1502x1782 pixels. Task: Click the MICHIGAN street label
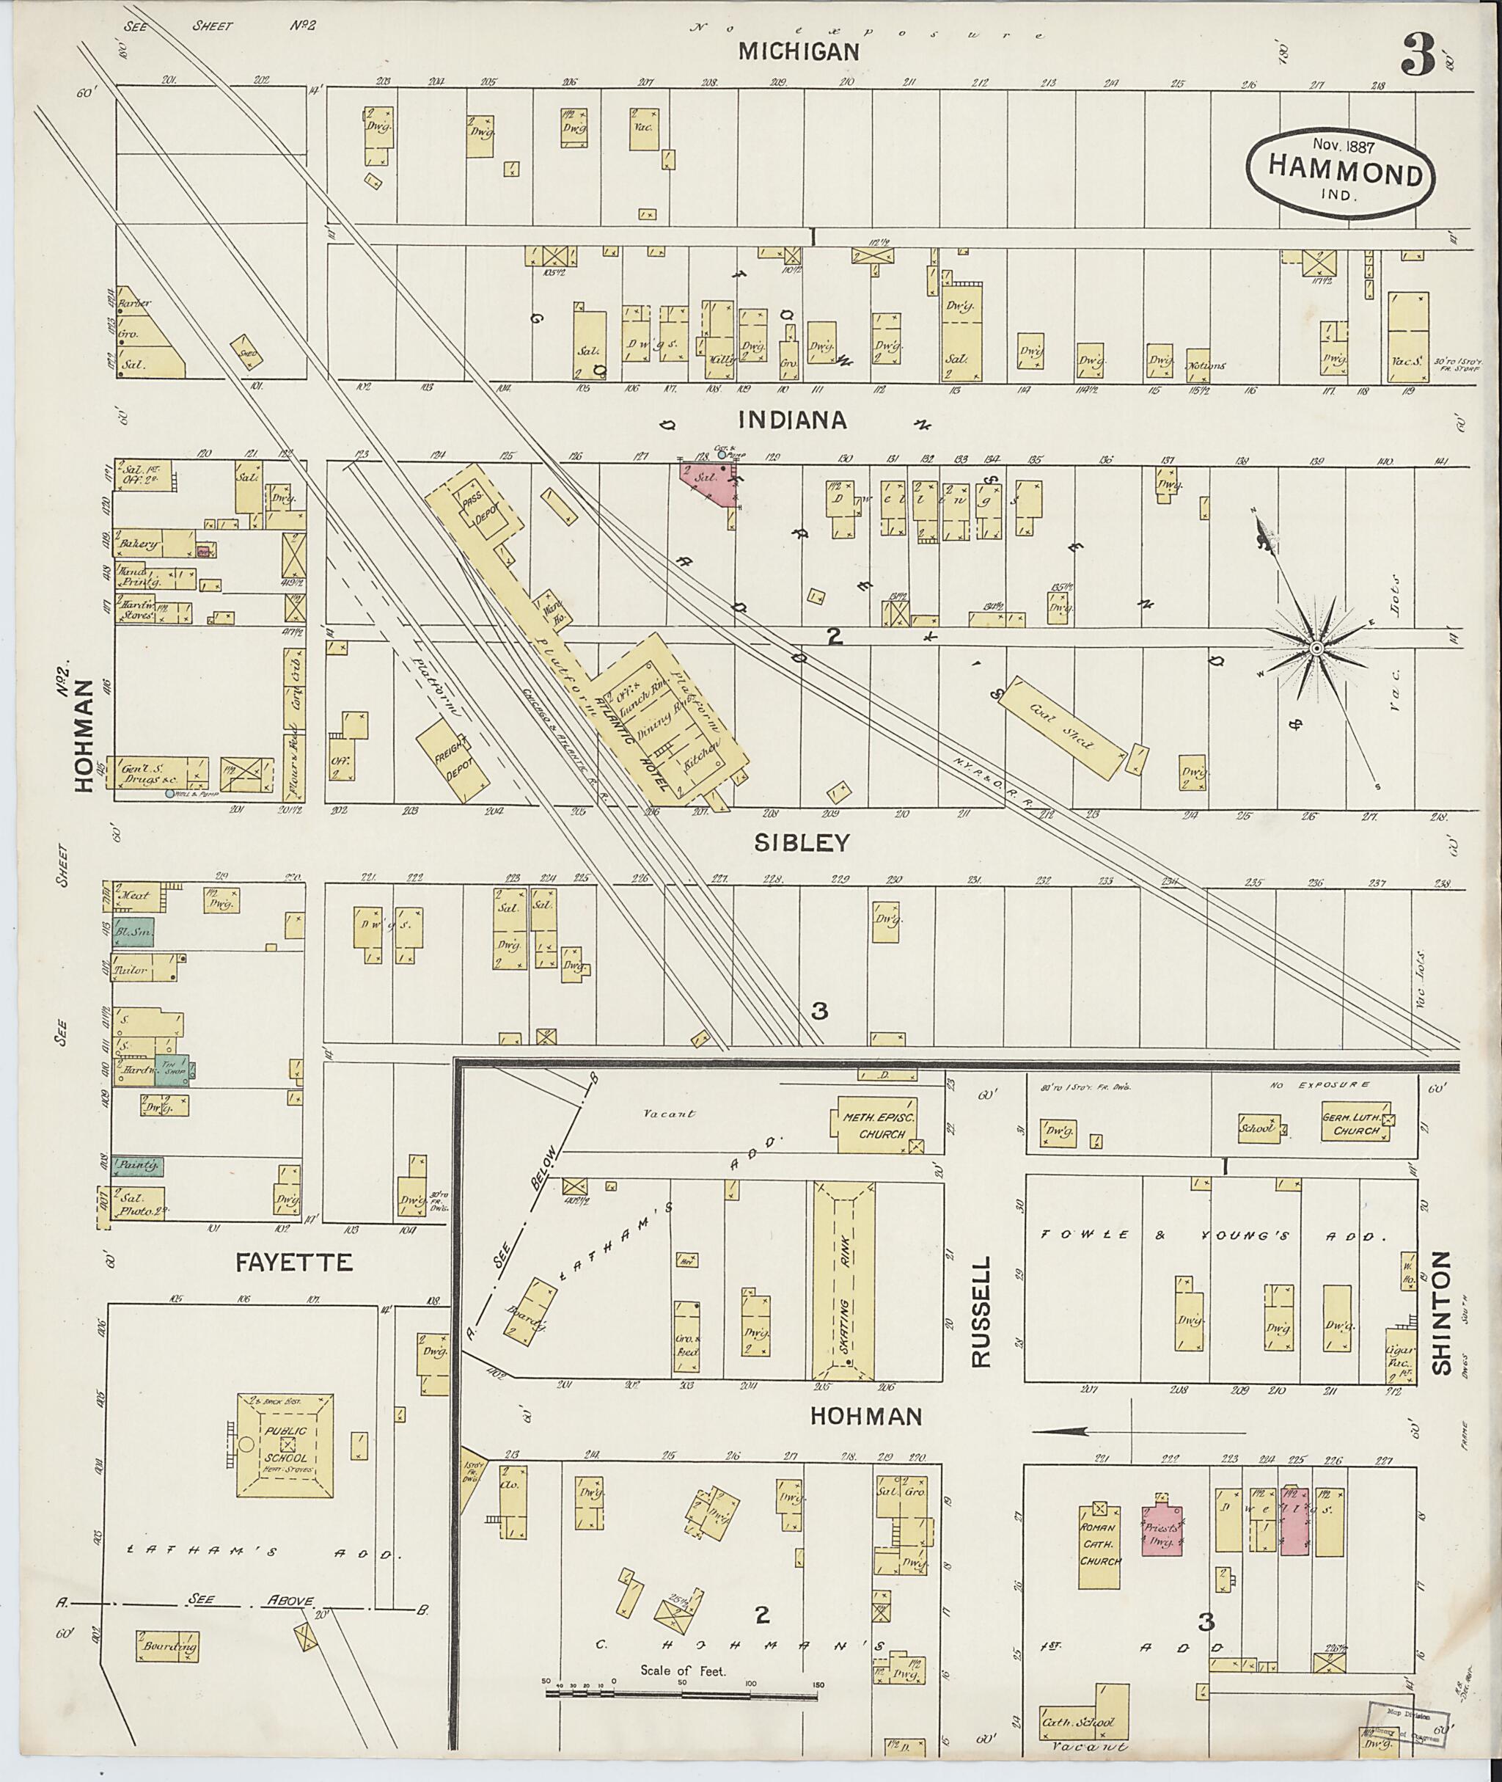coord(799,52)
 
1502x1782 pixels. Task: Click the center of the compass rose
coord(1316,649)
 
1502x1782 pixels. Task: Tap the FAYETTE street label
coord(295,1263)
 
